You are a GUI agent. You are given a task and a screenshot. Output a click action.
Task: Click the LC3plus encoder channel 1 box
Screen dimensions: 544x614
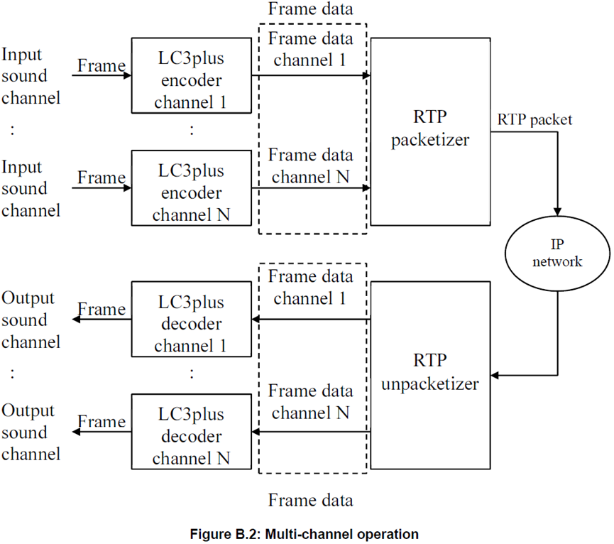click(192, 75)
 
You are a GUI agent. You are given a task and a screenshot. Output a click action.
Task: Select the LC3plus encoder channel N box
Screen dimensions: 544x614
click(192, 187)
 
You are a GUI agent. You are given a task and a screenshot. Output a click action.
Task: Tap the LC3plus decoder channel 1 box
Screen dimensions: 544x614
click(192, 319)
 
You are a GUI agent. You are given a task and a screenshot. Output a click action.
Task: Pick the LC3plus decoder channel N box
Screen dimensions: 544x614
click(192, 431)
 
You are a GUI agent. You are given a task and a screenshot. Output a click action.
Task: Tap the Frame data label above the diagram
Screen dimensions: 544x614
click(310, 11)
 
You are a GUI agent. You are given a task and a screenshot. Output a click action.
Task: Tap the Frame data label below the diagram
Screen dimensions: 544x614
click(310, 500)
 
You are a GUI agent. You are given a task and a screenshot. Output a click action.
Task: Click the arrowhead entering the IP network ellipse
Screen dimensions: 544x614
click(558, 210)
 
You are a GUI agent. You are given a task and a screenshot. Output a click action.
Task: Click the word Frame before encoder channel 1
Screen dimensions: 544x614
click(101, 65)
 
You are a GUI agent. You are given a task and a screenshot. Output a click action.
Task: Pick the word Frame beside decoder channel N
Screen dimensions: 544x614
click(101, 422)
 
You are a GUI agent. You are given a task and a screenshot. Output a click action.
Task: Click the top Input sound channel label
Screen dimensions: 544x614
click(31, 75)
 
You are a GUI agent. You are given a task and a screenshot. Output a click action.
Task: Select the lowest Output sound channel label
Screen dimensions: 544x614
click(31, 432)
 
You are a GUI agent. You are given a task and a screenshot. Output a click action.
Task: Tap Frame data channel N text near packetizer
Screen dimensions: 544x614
click(310, 165)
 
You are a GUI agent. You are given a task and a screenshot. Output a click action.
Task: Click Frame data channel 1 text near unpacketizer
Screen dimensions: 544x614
click(310, 287)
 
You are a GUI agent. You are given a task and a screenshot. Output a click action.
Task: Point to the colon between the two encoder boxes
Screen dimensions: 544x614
click(192, 130)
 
